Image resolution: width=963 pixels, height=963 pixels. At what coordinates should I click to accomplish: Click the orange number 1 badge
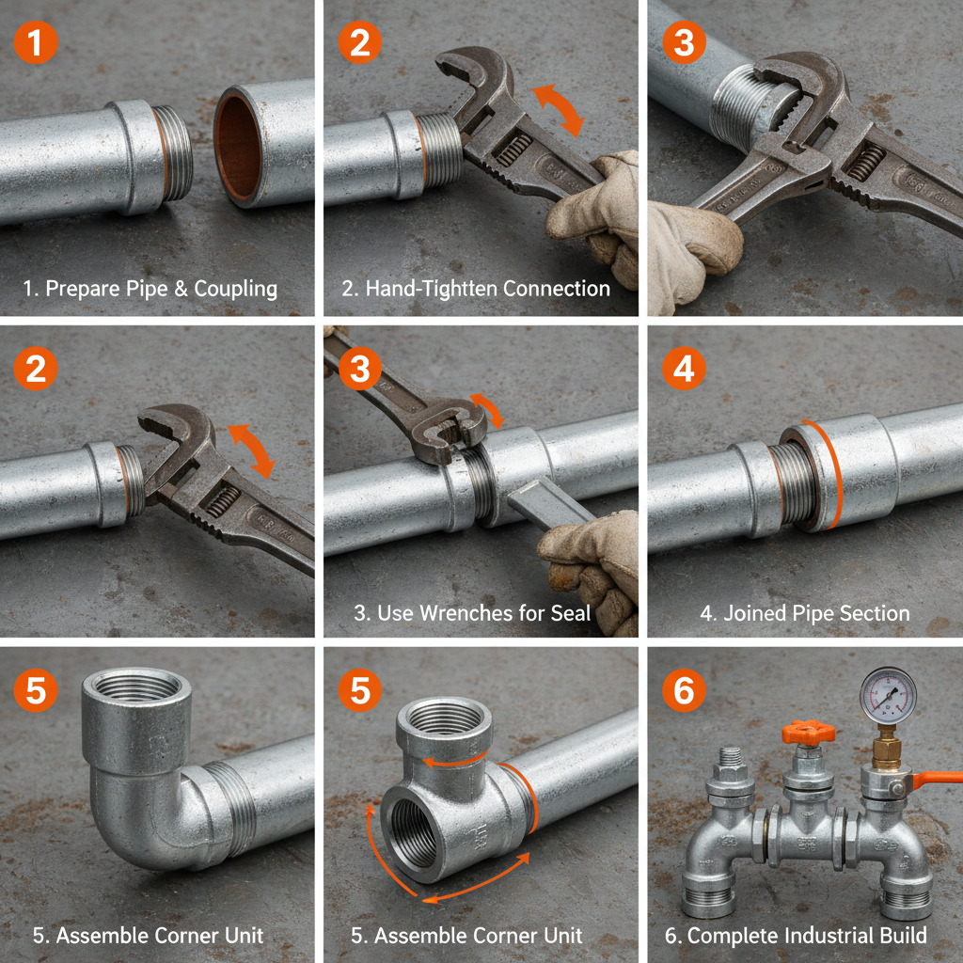click(36, 43)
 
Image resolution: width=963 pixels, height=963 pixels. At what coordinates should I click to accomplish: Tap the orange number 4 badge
click(684, 369)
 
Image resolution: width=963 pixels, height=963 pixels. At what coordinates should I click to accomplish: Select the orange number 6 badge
click(684, 691)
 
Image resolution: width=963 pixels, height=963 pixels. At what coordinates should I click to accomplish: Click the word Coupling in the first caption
click(235, 289)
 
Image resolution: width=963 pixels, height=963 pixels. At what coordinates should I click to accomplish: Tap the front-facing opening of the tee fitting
click(414, 828)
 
